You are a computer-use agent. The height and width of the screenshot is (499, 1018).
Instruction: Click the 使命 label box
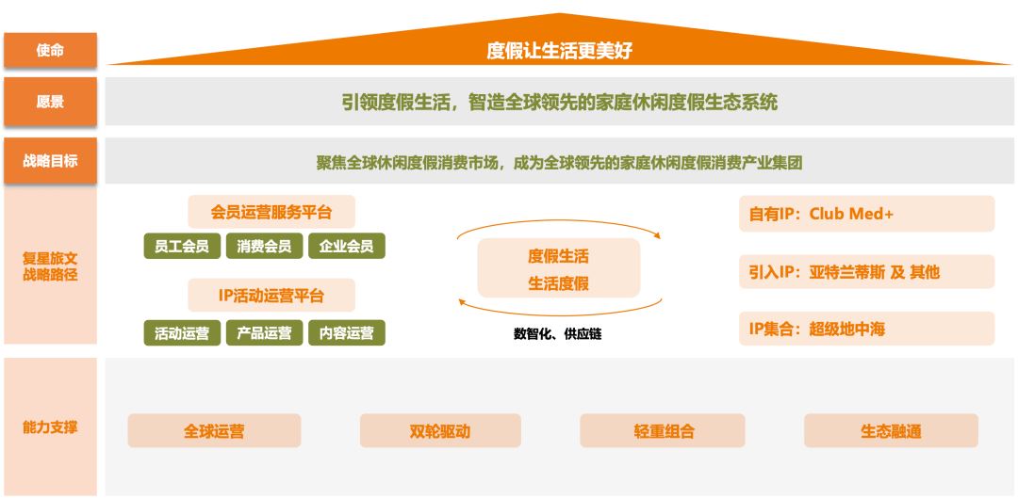click(x=51, y=50)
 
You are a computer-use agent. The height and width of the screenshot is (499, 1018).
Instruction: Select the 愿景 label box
click(x=51, y=102)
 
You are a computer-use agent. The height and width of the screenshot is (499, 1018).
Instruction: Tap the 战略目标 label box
click(x=51, y=160)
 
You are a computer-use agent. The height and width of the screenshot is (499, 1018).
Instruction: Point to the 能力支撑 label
click(x=51, y=427)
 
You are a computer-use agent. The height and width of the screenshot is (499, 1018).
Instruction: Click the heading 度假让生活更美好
click(x=559, y=51)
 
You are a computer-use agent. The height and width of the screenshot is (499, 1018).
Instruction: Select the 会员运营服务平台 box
click(x=271, y=212)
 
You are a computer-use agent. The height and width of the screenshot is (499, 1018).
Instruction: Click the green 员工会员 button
click(x=182, y=246)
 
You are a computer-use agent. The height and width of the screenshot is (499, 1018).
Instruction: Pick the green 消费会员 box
click(x=264, y=246)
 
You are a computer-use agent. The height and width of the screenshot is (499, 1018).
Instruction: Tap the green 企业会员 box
click(x=347, y=246)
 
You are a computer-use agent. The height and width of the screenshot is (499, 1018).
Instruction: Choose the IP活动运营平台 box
click(x=271, y=296)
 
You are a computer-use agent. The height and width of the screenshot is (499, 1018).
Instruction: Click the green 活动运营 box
click(x=182, y=333)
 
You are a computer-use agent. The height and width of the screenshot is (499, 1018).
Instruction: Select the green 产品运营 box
click(x=264, y=333)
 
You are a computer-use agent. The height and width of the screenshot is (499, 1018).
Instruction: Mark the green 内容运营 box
click(x=347, y=333)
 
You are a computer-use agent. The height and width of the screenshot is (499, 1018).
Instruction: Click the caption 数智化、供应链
click(x=558, y=335)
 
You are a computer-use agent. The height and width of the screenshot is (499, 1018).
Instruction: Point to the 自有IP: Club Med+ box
click(x=867, y=214)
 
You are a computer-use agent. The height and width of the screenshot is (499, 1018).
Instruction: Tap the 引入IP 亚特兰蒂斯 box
click(x=867, y=271)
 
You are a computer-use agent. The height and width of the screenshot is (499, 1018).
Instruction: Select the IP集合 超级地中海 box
click(x=867, y=329)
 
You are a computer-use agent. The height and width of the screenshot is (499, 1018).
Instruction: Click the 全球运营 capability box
click(x=214, y=431)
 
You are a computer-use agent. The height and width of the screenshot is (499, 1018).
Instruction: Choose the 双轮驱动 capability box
click(x=440, y=431)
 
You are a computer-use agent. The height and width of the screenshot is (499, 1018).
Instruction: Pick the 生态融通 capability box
click(x=891, y=431)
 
